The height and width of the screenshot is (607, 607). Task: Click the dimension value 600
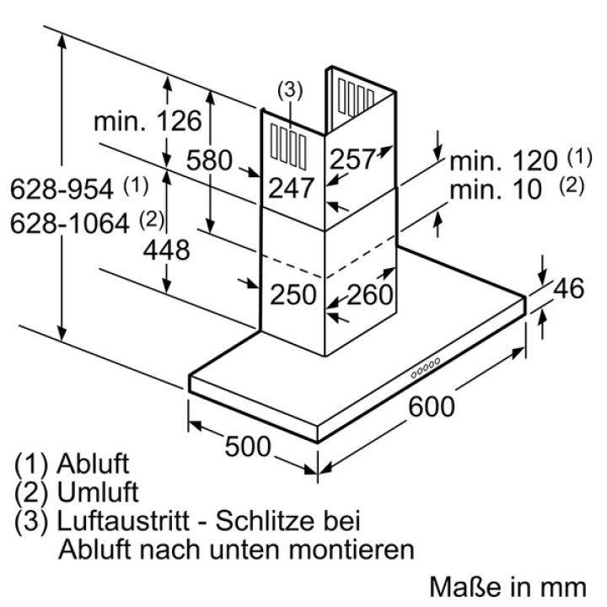[x=432, y=406]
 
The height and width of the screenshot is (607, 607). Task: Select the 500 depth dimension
[x=248, y=446]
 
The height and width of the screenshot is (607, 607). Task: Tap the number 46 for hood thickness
[x=568, y=288]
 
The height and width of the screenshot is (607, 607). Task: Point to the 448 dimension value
[x=166, y=250]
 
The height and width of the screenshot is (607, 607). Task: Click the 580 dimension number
[x=209, y=160]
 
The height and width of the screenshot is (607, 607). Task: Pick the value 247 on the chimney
[x=291, y=188]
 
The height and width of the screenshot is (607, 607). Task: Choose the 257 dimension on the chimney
[x=352, y=158]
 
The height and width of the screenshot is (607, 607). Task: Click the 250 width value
[x=293, y=294]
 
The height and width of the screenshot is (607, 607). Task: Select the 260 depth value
[x=370, y=294]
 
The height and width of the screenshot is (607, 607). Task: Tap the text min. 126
[x=148, y=121]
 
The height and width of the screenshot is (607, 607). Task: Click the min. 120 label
[x=503, y=160]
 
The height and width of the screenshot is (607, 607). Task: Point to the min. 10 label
[x=496, y=190]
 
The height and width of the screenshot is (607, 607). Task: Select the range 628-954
[x=62, y=189]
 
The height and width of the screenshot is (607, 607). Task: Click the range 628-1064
[x=70, y=223]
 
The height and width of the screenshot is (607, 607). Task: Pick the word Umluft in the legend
[x=98, y=492]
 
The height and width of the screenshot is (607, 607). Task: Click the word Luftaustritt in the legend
[x=123, y=521]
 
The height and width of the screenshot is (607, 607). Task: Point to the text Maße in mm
[x=508, y=587]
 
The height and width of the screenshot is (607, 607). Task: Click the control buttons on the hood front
[x=426, y=368]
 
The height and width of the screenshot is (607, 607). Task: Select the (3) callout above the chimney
[x=290, y=90]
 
